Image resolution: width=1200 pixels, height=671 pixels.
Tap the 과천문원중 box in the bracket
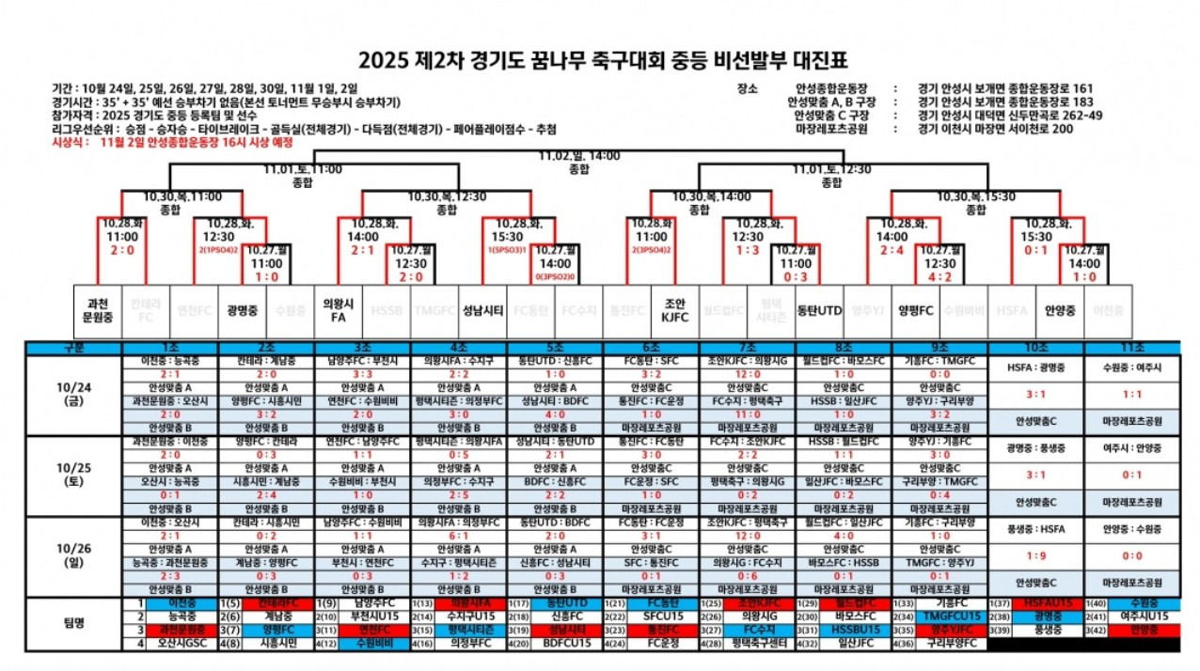(x=97, y=310)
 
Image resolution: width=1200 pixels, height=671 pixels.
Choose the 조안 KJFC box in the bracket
(x=675, y=310)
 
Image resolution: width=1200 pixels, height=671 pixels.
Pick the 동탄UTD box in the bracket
(x=819, y=310)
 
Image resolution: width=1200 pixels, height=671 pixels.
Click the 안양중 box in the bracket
(x=1059, y=310)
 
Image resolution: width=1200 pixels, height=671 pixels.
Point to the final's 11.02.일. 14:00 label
(x=579, y=155)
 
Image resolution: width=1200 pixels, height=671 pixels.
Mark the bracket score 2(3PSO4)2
(x=651, y=251)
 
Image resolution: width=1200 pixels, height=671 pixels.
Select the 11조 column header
(x=1131, y=348)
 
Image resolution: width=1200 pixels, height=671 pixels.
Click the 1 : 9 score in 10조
(x=1035, y=554)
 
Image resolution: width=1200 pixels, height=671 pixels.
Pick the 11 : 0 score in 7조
(x=748, y=413)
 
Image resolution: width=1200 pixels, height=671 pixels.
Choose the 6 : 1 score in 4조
(x=457, y=536)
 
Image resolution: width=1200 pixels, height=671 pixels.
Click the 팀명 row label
(x=73, y=623)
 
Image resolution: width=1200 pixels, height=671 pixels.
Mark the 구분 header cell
(x=73, y=348)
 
